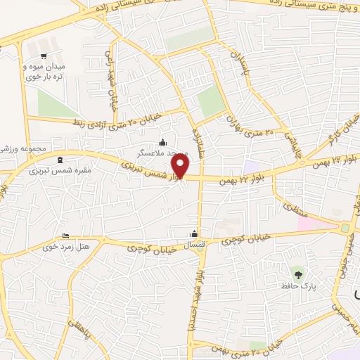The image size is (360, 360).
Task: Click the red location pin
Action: (181, 166)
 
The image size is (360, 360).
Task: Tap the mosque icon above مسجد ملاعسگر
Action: (163, 141)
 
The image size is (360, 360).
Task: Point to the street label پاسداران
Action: (240, 63)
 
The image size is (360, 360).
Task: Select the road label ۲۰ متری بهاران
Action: (253, 125)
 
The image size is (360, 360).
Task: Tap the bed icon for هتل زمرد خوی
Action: (66, 236)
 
